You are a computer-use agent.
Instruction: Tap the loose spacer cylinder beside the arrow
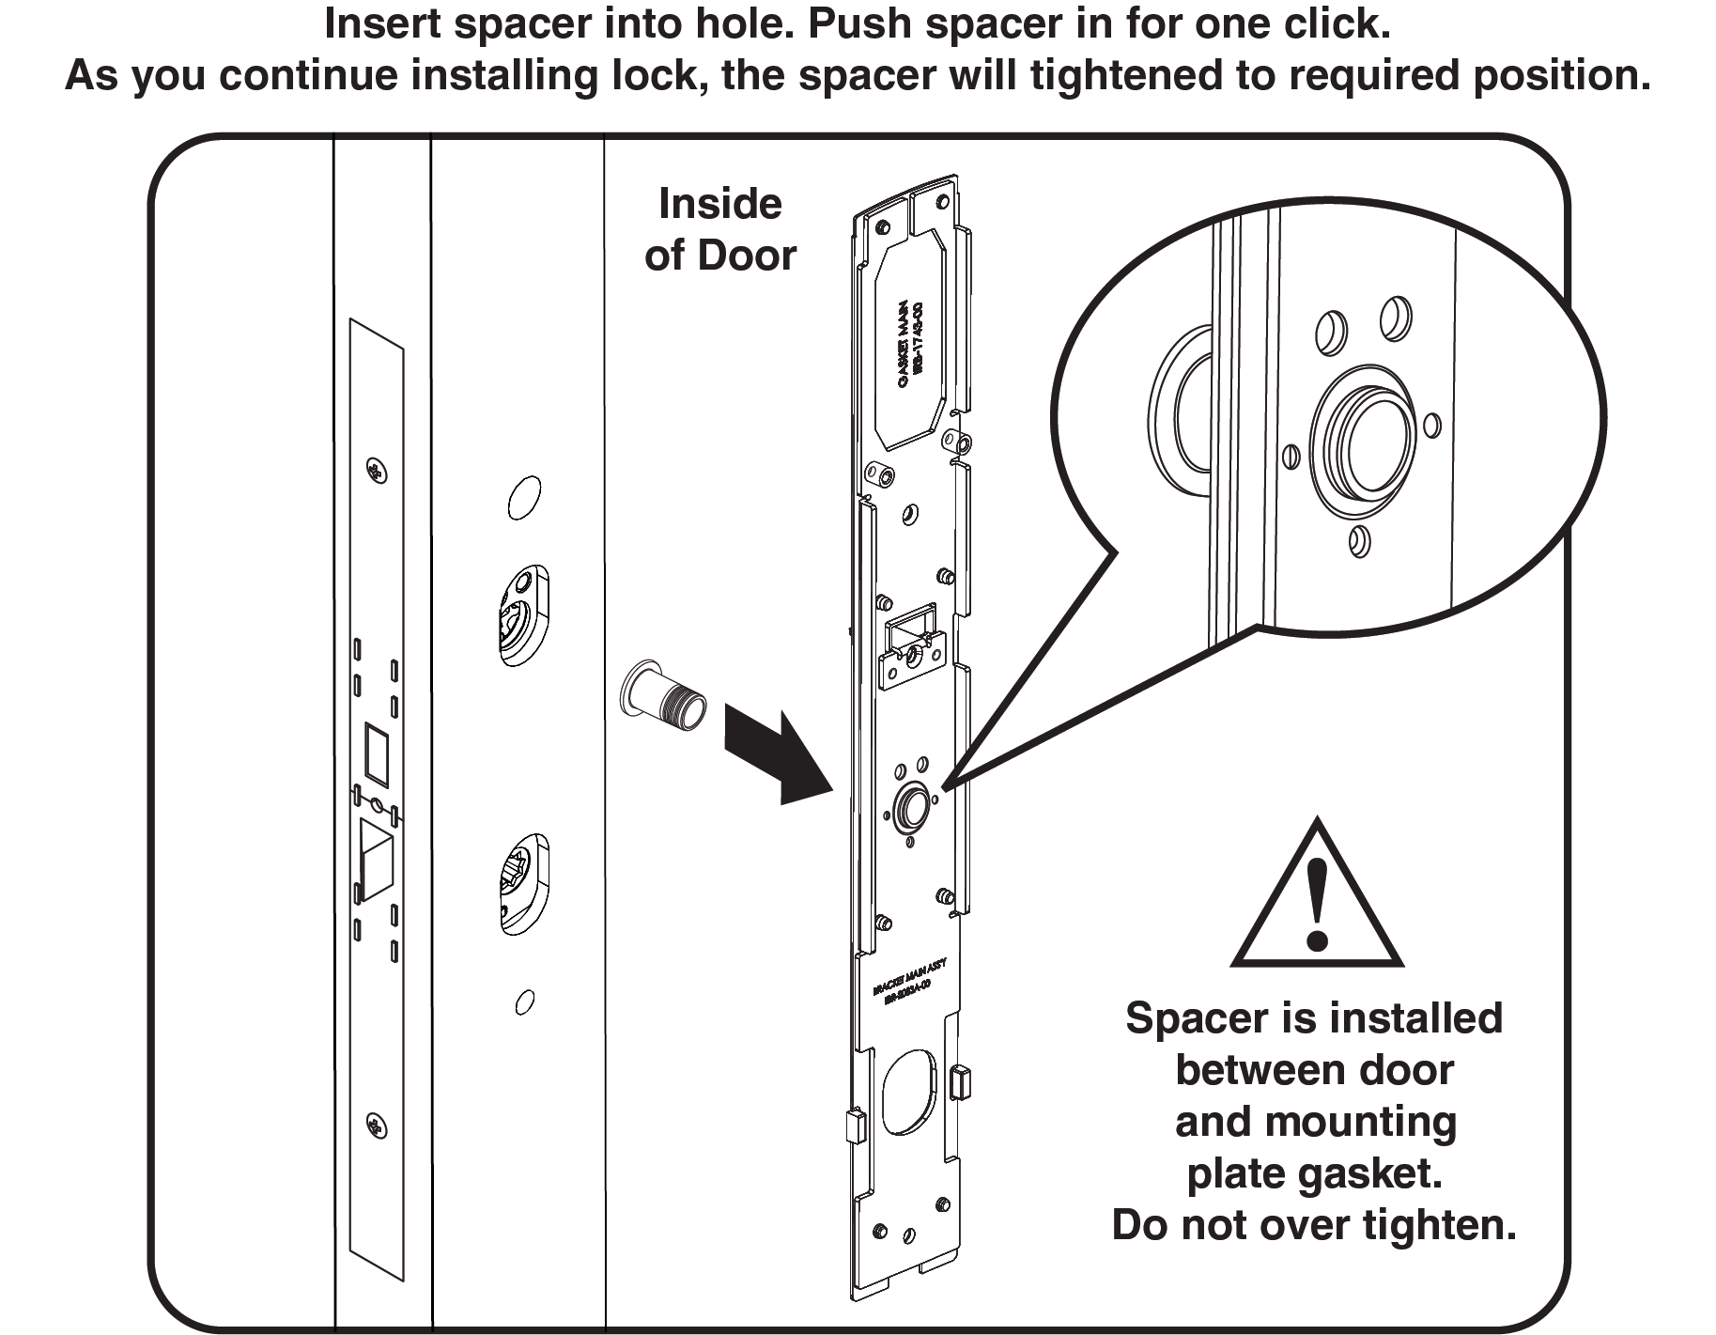[662, 696]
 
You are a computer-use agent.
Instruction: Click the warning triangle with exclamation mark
[1317, 897]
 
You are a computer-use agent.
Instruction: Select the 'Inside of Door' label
[720, 230]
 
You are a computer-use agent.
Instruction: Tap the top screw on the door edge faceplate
[376, 471]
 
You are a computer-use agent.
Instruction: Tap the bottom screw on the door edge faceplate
[377, 1125]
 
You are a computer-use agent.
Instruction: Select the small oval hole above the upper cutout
[524, 498]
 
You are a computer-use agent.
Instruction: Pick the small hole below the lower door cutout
[525, 1002]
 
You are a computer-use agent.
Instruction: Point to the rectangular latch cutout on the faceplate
[377, 753]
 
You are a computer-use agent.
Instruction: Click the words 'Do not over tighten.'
[1314, 1225]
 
